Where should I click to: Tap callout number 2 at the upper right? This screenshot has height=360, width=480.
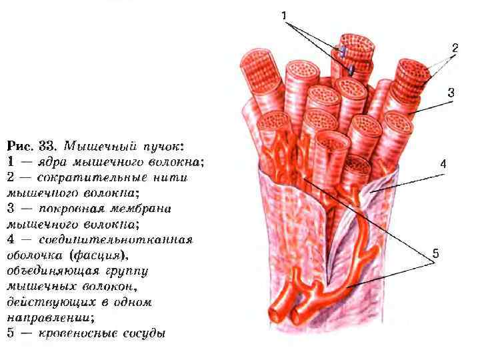pyautogui.click(x=454, y=47)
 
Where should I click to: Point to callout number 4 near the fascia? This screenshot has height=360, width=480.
pyautogui.click(x=443, y=163)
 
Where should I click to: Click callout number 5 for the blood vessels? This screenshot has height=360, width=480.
pyautogui.click(x=435, y=253)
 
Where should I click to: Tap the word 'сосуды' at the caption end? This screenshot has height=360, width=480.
pyautogui.click(x=142, y=333)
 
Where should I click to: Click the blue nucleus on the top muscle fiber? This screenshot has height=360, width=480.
pyautogui.click(x=343, y=52)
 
